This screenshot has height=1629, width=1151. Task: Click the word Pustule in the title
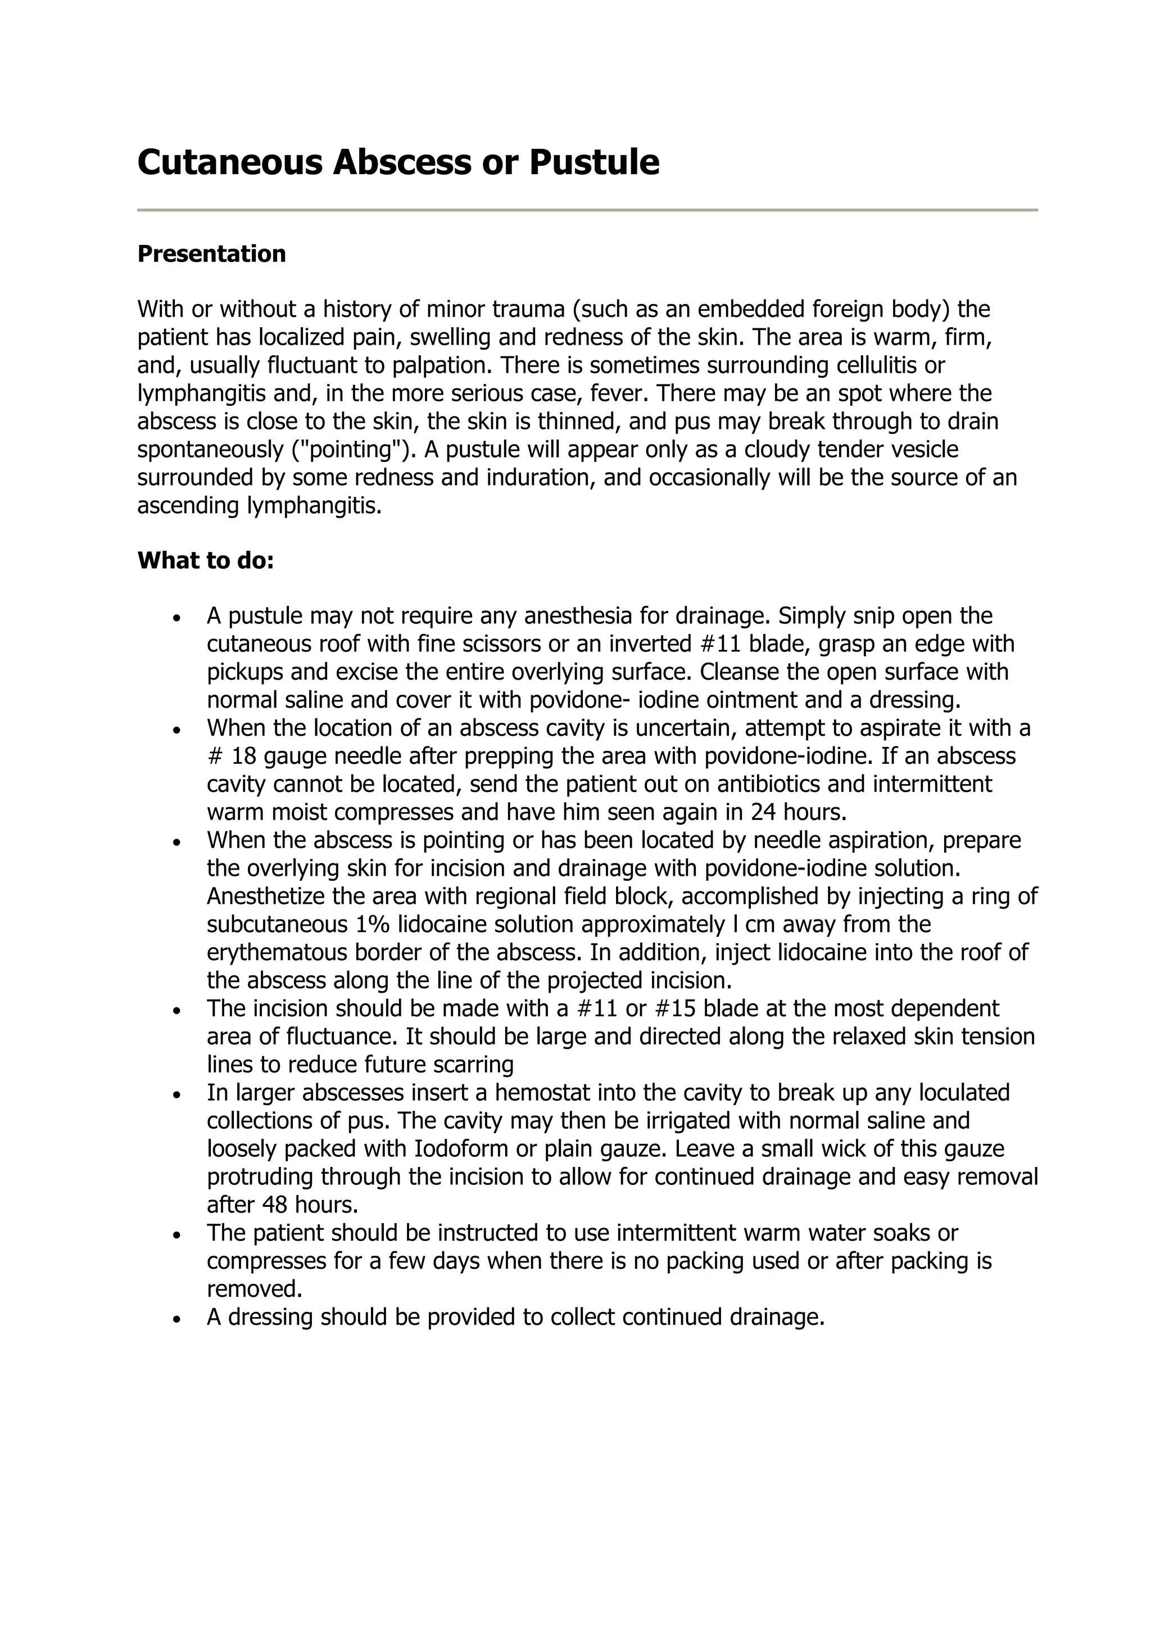pyautogui.click(x=593, y=162)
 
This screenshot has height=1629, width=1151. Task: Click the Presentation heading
pyautogui.click(x=211, y=254)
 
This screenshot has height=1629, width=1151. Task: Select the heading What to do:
pyautogui.click(x=206, y=560)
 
